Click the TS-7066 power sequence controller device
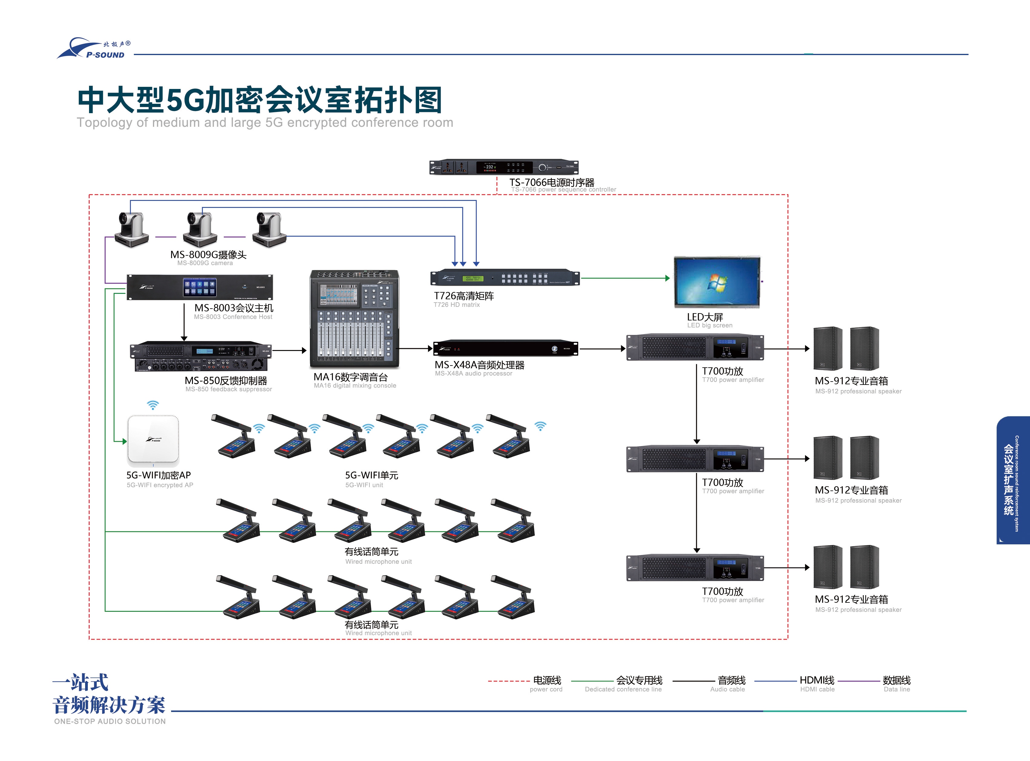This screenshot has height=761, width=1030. pyautogui.click(x=503, y=167)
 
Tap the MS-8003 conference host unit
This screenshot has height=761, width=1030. pyautogui.click(x=200, y=287)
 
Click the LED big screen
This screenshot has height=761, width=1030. pyautogui.click(x=717, y=282)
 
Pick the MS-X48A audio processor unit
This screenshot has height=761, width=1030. pyautogui.click(x=505, y=348)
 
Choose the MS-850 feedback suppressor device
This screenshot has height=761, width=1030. pyautogui.click(x=200, y=356)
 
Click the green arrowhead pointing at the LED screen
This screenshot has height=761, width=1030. pyautogui.click(x=667, y=278)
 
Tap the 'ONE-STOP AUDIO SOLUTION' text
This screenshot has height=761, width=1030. pyautogui.click(x=110, y=721)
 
